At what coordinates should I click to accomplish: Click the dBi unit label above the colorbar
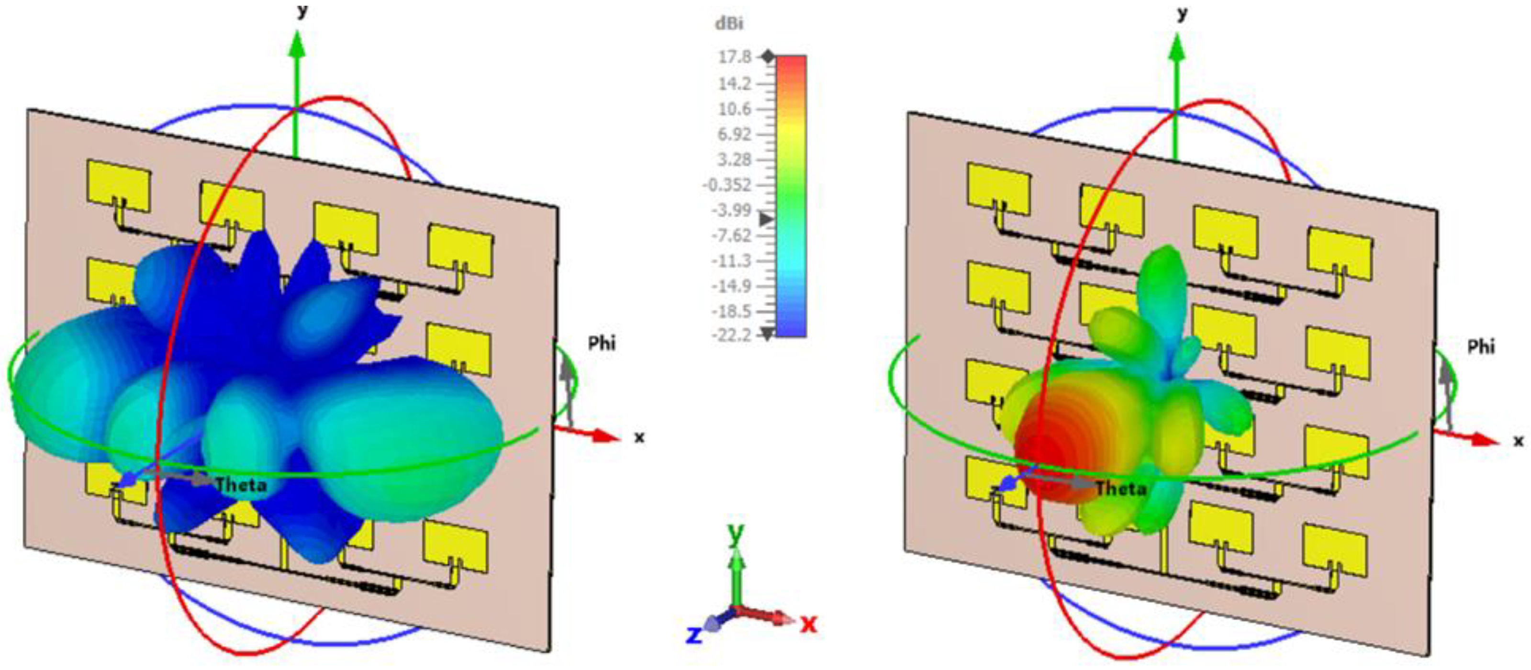click(729, 24)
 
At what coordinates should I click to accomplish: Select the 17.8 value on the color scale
click(735, 57)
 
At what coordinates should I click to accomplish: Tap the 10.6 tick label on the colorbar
click(735, 109)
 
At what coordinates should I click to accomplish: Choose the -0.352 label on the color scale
click(726, 185)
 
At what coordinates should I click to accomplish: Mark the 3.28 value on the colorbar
click(735, 159)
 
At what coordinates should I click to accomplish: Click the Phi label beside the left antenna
click(602, 344)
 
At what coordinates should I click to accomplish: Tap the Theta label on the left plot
click(241, 485)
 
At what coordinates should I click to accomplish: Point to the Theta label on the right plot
click(1120, 489)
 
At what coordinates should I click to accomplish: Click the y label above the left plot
click(302, 11)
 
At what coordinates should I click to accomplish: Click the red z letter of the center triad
click(808, 624)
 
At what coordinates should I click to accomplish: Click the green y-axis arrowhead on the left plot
click(297, 45)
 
